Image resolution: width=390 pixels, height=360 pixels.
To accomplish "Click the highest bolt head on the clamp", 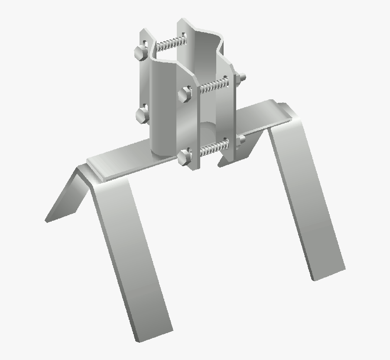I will [x=141, y=53].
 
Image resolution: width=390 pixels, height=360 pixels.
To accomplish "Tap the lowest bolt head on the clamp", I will [x=185, y=157].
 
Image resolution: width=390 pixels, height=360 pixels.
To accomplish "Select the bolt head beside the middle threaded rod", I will [x=185, y=93].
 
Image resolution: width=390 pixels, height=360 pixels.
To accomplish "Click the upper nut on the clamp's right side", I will [x=242, y=77].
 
